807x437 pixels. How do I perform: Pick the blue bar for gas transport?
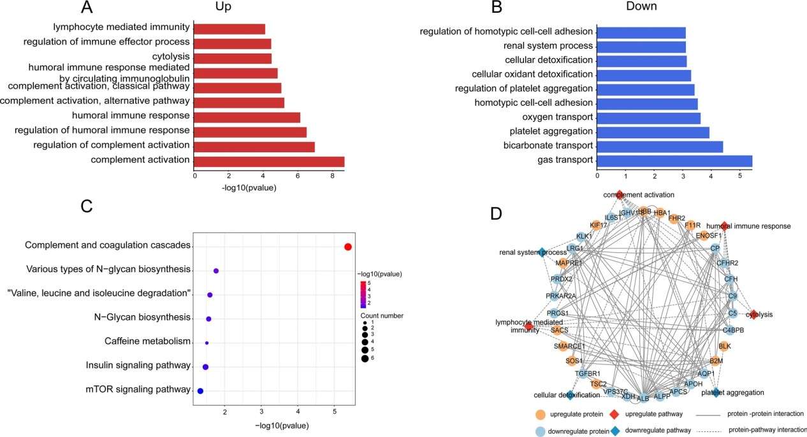pos(674,161)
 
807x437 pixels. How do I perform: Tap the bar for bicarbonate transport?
pos(659,147)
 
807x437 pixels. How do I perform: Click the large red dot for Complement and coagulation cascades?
pos(347,247)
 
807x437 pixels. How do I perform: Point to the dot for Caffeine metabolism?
pos(207,343)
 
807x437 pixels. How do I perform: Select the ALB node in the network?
pos(643,398)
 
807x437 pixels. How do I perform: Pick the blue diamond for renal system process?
pos(542,252)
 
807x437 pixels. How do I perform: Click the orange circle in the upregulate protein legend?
pos(541,415)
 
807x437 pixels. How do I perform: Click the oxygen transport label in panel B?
pos(558,117)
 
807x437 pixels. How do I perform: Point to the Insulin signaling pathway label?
pos(138,366)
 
